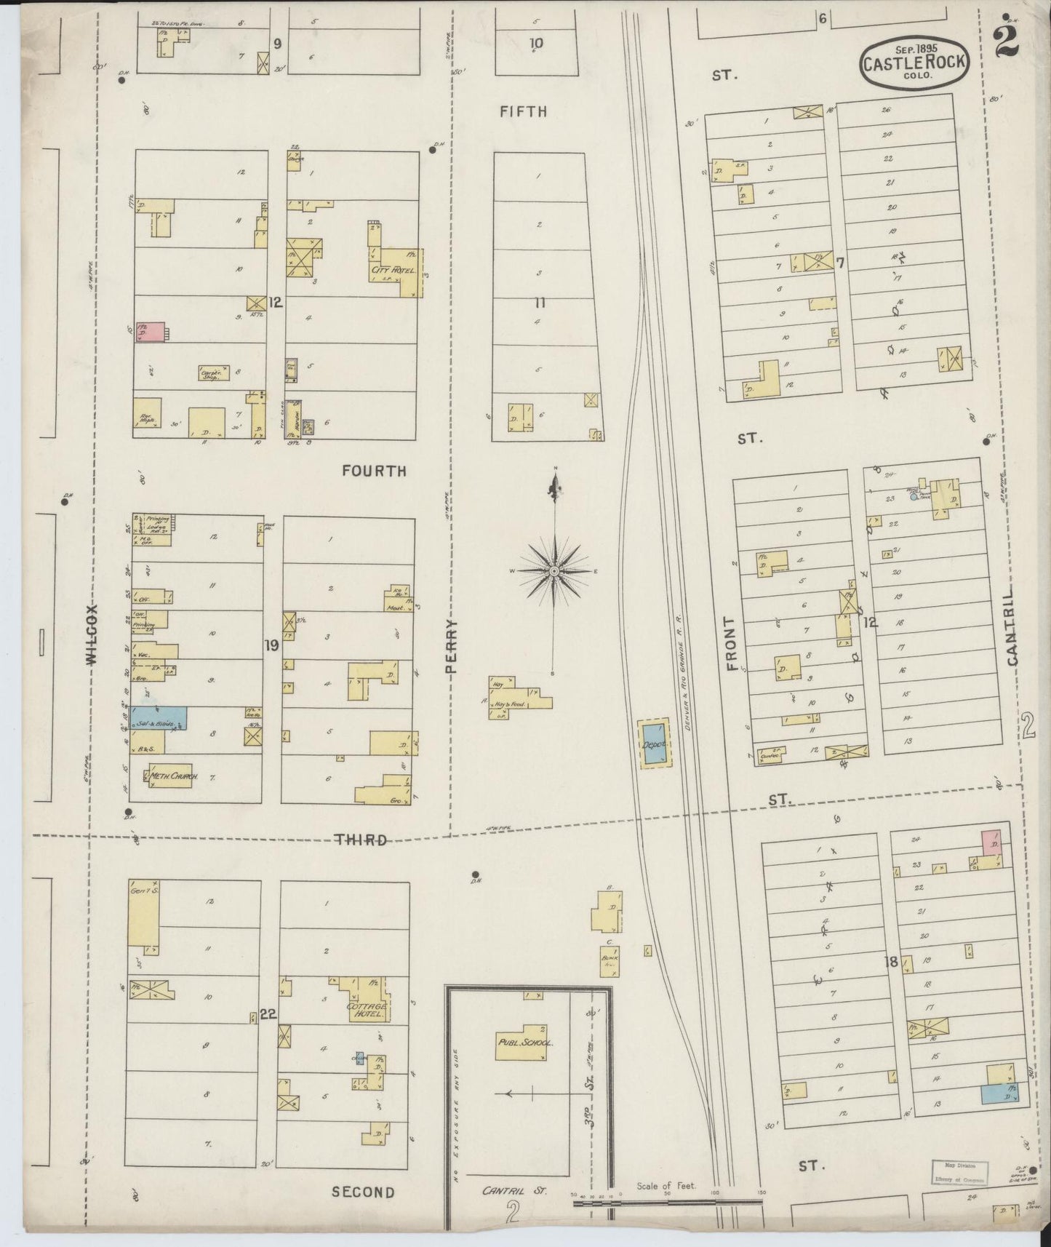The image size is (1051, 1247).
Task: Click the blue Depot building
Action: coord(655,744)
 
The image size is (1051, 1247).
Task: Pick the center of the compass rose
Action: coord(554,571)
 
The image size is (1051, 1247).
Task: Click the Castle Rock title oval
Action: coord(914,61)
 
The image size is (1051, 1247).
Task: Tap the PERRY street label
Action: coord(452,649)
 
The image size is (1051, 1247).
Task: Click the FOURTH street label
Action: coord(374,471)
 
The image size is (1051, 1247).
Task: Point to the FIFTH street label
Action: coord(523,111)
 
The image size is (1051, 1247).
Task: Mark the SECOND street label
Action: coord(363,1192)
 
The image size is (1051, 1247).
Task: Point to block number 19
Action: coord(271,645)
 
